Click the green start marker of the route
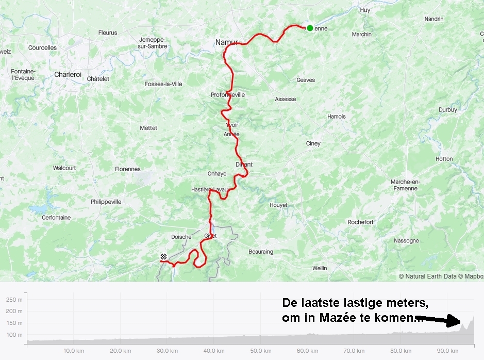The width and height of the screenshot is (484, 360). click(310, 28)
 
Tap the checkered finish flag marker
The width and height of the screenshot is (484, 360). click(164, 257)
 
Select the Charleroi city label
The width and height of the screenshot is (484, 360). click(68, 74)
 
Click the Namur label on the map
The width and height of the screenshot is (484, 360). click(226, 43)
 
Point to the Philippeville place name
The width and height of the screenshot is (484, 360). click(106, 202)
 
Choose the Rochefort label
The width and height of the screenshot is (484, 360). click(360, 222)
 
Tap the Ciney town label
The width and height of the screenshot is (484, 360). click(313, 143)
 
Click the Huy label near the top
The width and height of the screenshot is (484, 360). click(365, 10)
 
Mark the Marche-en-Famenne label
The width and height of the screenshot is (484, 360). click(404, 185)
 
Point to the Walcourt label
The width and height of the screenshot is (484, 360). click(64, 168)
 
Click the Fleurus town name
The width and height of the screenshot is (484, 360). click(108, 32)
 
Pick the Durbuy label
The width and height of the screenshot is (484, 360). click(447, 110)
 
